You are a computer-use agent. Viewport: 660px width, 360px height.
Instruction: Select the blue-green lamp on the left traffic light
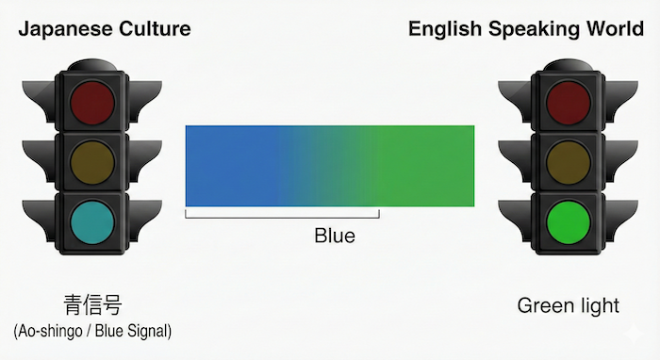(x=92, y=221)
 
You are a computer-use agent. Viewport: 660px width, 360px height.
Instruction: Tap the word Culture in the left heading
(x=152, y=28)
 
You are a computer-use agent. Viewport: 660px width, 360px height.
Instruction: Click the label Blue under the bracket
(x=335, y=236)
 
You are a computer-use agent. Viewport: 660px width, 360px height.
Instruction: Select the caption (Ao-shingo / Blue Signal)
(x=92, y=332)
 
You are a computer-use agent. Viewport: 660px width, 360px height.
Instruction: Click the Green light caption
(x=569, y=305)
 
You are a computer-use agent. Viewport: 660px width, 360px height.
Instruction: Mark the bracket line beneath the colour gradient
(x=282, y=217)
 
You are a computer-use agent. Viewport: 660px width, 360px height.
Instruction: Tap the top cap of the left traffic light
(x=92, y=65)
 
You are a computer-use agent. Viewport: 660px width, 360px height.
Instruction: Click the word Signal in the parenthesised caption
(x=147, y=332)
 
